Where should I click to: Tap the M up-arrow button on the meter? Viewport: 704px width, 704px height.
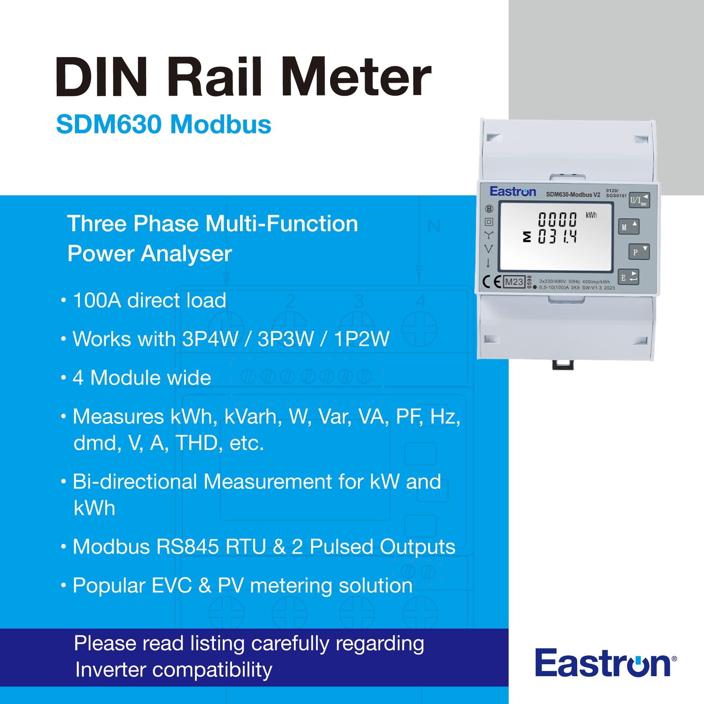pyautogui.click(x=629, y=227)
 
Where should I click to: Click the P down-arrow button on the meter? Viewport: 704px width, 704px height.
pyautogui.click(x=639, y=251)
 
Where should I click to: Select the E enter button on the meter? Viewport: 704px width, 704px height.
pyautogui.click(x=629, y=277)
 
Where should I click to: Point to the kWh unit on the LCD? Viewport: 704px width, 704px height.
pyautogui.click(x=591, y=215)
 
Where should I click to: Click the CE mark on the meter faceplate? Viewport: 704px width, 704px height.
pyautogui.click(x=491, y=282)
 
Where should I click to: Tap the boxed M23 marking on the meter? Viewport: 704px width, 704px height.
pyautogui.click(x=514, y=282)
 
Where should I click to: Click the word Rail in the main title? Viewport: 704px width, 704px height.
pyautogui.click(x=215, y=77)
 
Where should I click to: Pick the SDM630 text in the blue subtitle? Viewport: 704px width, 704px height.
pyautogui.click(x=108, y=124)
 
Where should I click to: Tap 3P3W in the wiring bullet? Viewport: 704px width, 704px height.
pyautogui.click(x=285, y=339)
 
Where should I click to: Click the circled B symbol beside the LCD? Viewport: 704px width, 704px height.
pyautogui.click(x=489, y=209)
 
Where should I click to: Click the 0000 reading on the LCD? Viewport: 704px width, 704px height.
pyautogui.click(x=557, y=219)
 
